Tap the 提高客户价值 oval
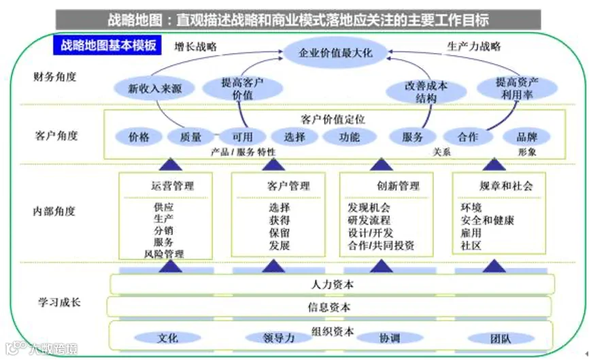coord(242,88)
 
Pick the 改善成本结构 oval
coord(426,92)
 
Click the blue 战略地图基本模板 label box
coord(108,46)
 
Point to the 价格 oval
coord(139,137)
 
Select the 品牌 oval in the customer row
coord(526,137)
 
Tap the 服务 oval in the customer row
coord(413,137)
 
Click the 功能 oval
coord(349,137)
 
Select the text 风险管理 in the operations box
coord(163,254)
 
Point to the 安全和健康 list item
coord(487,220)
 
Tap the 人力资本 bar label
coord(330,284)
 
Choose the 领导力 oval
coord(278,338)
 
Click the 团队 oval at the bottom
coord(501,338)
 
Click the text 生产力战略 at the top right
coord(473,47)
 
